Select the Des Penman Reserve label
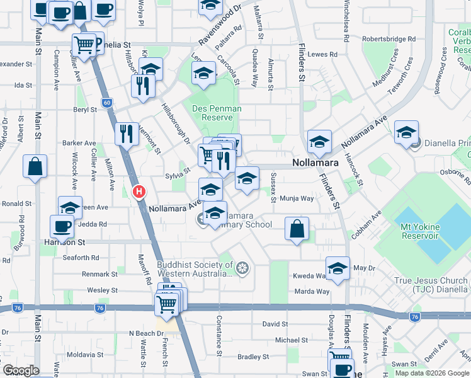pyautogui.click(x=216, y=113)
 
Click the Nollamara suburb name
pyautogui.click(x=315, y=163)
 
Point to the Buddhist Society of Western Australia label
pyautogui.click(x=195, y=270)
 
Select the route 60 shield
pyautogui.click(x=106, y=102)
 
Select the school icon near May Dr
pyautogui.click(x=338, y=268)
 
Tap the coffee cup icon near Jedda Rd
pyautogui.click(x=62, y=226)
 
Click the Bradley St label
pyautogui.click(x=254, y=357)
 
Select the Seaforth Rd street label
pyautogui.click(x=81, y=258)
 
